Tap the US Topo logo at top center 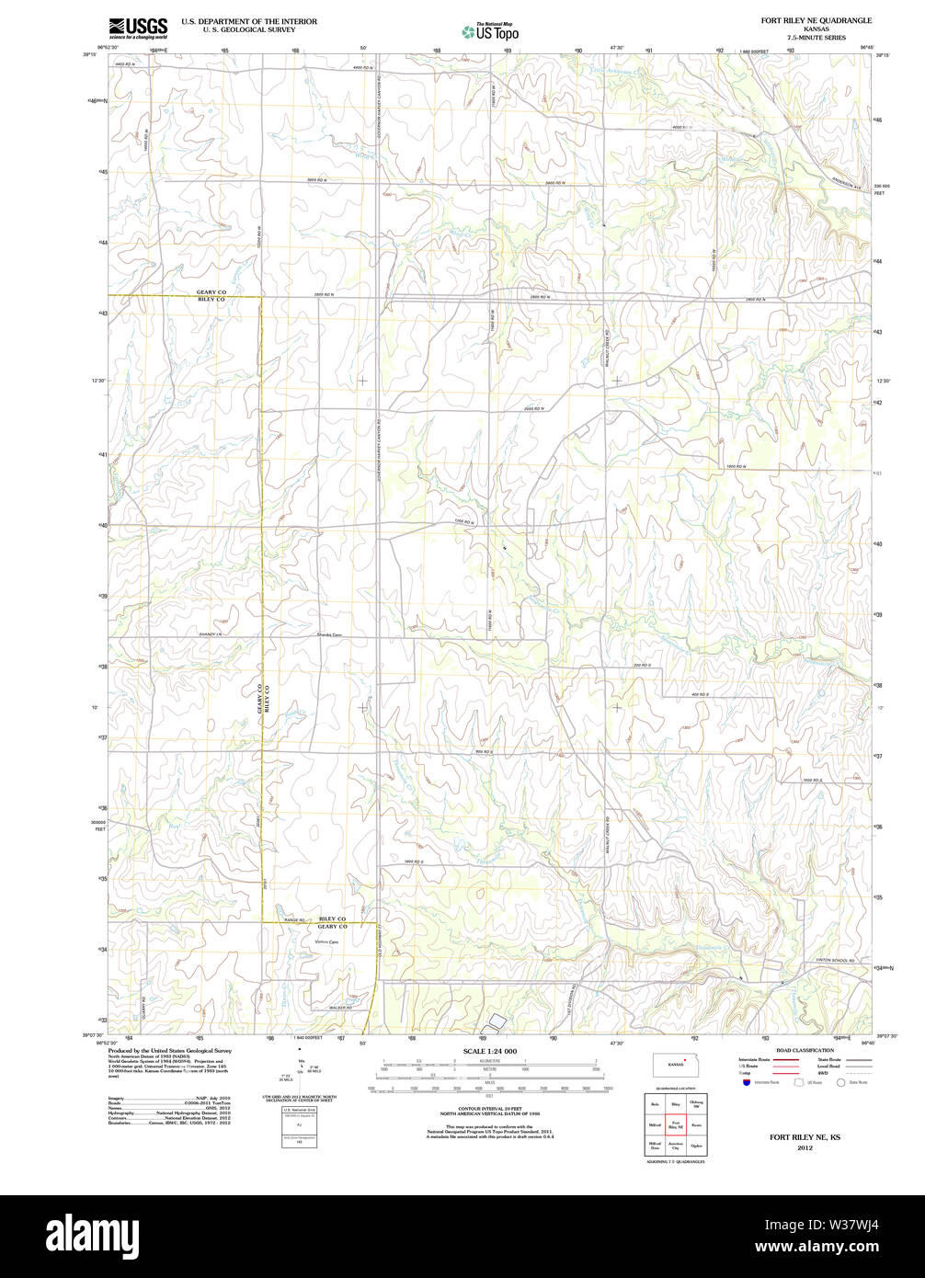(491, 31)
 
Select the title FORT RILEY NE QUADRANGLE (816, 20)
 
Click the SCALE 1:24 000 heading (489, 1051)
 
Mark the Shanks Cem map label (329, 634)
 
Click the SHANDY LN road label (211, 634)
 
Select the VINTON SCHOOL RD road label (835, 961)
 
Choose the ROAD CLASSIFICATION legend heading (805, 1050)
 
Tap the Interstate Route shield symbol (746, 1082)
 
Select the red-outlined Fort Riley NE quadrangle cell (675, 1124)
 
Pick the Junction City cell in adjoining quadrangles (675, 1146)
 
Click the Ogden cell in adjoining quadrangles (695, 1146)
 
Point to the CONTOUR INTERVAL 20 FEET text (489, 1108)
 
